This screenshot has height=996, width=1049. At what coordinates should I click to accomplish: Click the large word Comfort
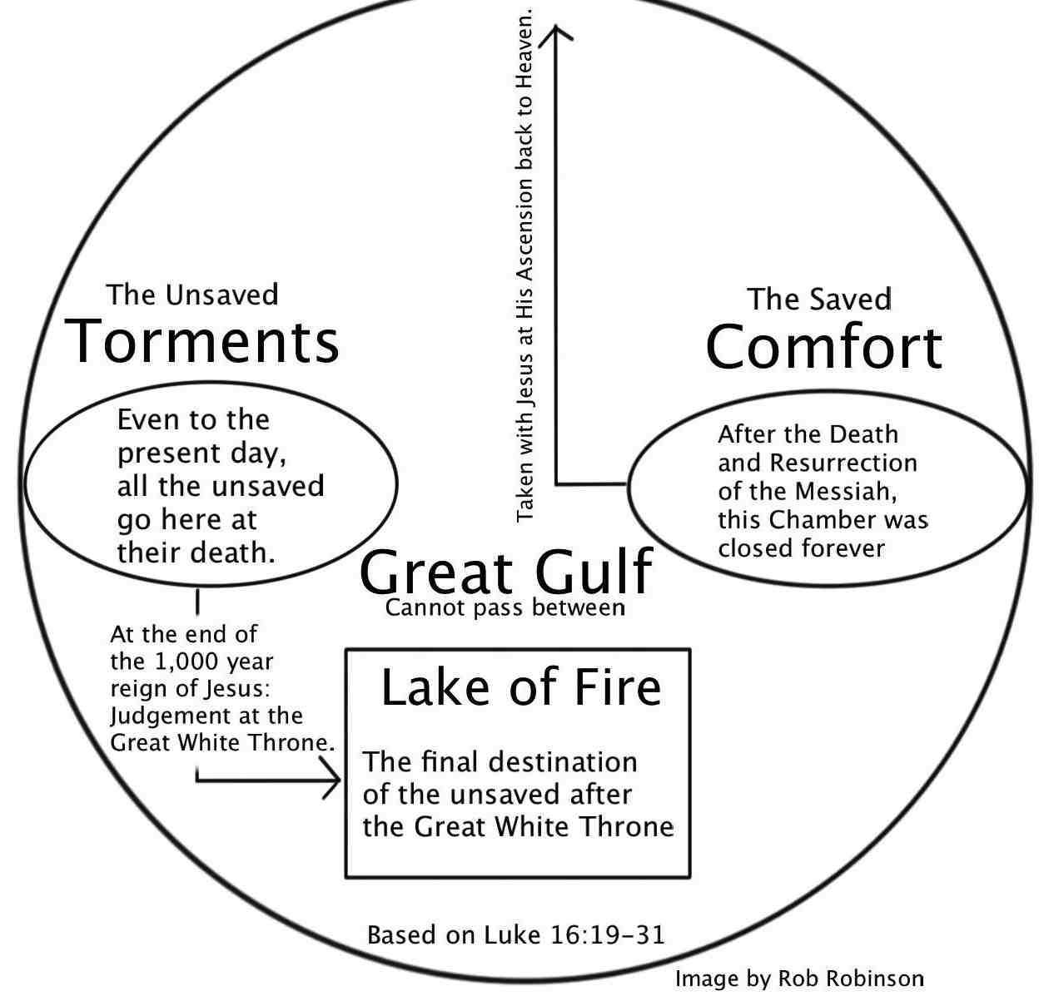[x=823, y=347]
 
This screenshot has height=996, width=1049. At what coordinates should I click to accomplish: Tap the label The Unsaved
[x=192, y=295]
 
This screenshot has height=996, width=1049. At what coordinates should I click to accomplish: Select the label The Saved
[x=819, y=299]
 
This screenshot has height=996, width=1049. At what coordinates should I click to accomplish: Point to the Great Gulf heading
[x=506, y=572]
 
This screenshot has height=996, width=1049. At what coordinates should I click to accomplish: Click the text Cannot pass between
[x=505, y=607]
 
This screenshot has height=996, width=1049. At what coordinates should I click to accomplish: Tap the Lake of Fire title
[x=520, y=688]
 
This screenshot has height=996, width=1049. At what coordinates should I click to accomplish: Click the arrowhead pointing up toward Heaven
[x=557, y=33]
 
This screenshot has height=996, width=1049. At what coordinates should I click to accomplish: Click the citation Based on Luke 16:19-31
[x=516, y=934]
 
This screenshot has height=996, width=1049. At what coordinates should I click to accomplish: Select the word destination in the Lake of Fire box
[x=564, y=761]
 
